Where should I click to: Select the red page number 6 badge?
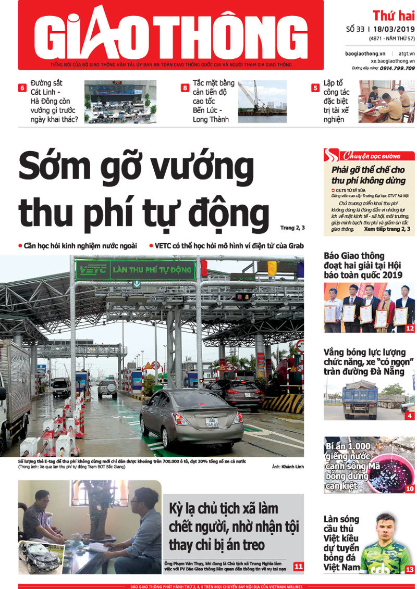coord(22,87)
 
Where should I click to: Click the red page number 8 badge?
coord(185,87)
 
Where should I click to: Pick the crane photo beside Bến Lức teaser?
coord(262,102)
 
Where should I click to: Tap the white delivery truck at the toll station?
coord(15,385)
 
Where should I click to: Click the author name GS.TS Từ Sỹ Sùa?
coord(354,190)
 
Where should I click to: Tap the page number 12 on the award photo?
coord(409,328)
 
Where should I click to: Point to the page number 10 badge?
coord(410,488)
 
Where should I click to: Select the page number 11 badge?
coord(299,566)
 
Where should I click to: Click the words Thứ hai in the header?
coord(394,16)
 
